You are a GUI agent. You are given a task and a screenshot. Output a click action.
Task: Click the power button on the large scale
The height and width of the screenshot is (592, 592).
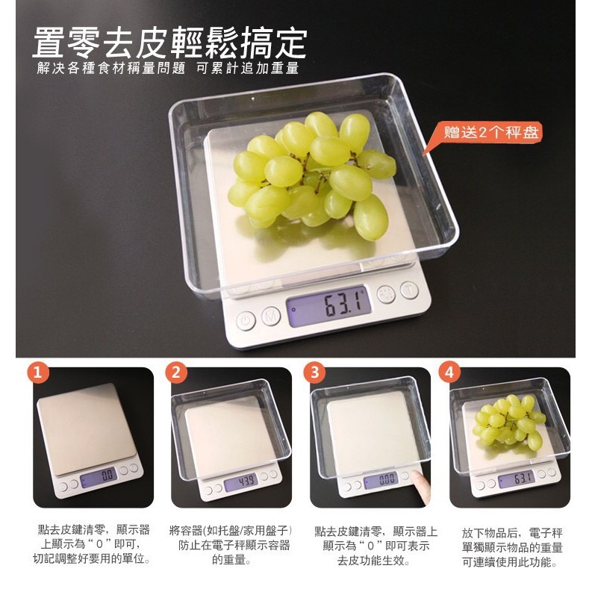pyautogui.click(x=246, y=321)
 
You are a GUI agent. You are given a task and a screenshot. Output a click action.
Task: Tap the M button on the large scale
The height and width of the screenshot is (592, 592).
pyautogui.click(x=271, y=316)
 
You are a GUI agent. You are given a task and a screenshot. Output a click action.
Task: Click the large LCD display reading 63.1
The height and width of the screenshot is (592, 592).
pyautogui.click(x=328, y=305)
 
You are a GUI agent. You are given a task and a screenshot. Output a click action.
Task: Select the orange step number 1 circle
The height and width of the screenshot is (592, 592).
pyautogui.click(x=38, y=373)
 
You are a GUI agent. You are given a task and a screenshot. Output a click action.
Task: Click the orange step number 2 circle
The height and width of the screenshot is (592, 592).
pyautogui.click(x=176, y=373)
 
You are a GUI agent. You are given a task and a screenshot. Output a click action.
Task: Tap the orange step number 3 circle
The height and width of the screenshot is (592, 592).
pyautogui.click(x=314, y=373)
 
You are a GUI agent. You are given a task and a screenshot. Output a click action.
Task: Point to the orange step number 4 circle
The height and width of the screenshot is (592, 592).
pyautogui.click(x=449, y=373)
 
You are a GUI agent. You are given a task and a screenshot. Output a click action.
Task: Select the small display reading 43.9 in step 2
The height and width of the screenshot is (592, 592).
pyautogui.click(x=241, y=483)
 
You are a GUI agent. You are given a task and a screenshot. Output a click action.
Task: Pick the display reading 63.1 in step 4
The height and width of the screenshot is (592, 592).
pyautogui.click(x=516, y=480)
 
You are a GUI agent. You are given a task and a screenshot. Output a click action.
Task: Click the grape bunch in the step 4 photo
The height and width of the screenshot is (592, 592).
pyautogui.click(x=509, y=421)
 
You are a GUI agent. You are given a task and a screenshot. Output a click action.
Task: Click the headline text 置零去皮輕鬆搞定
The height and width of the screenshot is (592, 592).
pyautogui.click(x=170, y=43)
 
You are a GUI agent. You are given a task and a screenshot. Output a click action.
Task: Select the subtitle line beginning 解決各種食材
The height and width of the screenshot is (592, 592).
pyautogui.click(x=168, y=69)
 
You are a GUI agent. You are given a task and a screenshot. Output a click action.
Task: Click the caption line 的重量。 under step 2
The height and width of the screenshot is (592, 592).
pyautogui.click(x=231, y=559)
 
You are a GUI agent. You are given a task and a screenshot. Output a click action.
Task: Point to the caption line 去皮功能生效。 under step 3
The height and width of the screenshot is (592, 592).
pyautogui.click(x=374, y=561)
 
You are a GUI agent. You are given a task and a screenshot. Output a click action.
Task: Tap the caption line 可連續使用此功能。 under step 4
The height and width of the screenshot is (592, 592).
pyautogui.click(x=510, y=562)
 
